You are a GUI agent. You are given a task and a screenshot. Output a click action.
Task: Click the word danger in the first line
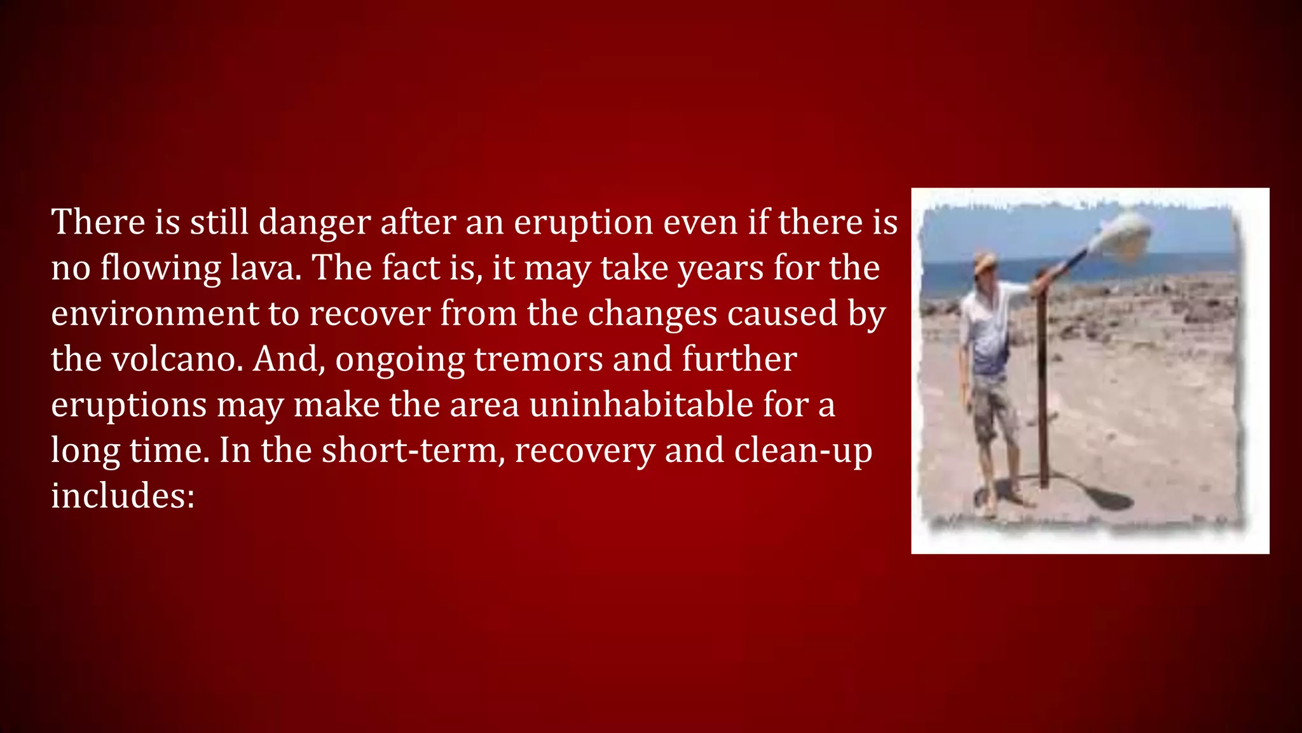click(314, 223)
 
